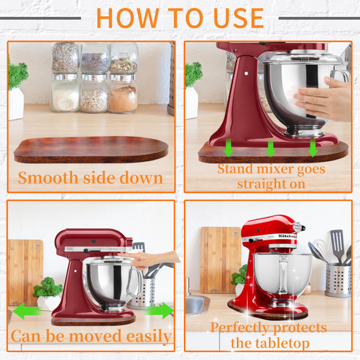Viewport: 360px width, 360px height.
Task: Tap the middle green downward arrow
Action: pos(271,148)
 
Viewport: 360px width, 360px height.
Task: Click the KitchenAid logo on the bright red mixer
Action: pos(285,237)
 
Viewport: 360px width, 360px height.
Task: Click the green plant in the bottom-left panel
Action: pos(47,288)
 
